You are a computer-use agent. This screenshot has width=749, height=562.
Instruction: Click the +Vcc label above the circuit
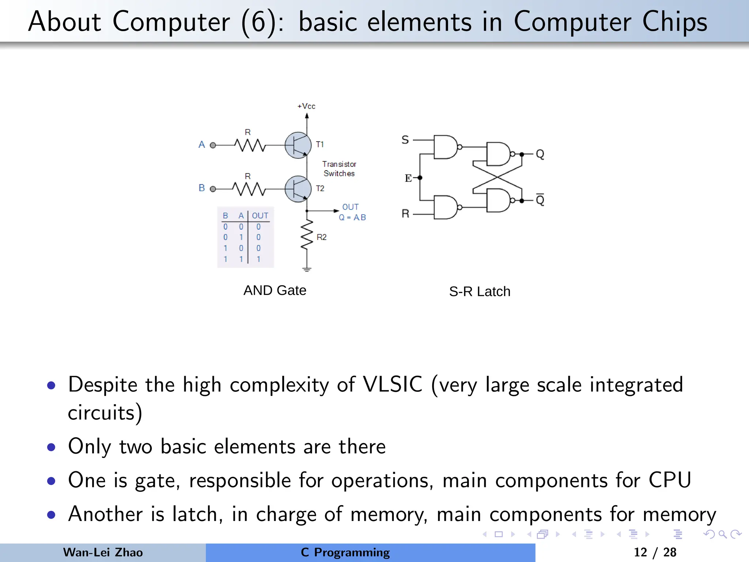tap(306, 106)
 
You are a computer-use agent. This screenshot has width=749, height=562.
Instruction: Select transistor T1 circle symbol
tap(298, 145)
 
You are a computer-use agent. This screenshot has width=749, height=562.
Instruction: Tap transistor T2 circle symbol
tap(298, 189)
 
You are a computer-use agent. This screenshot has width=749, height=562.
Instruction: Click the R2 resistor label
tap(321, 237)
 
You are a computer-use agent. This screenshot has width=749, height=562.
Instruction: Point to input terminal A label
tap(202, 145)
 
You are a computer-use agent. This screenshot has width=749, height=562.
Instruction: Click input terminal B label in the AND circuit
tap(202, 188)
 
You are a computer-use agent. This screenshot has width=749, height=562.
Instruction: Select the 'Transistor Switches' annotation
tap(339, 169)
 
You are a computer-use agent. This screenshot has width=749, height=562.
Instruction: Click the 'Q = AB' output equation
tap(352, 217)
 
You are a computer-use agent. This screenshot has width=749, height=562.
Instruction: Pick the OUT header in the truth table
tap(260, 216)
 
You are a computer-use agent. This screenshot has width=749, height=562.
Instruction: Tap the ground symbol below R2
tap(307, 270)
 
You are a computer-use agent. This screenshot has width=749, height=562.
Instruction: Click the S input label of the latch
tap(405, 140)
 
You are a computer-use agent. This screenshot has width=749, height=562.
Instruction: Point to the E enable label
tap(408, 178)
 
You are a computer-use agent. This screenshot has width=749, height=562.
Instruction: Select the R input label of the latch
tap(405, 213)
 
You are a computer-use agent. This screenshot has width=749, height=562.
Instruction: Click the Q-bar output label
tap(540, 200)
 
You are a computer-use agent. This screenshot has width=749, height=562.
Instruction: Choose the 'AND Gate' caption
tap(275, 290)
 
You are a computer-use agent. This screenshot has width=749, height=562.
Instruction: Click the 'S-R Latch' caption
tap(479, 292)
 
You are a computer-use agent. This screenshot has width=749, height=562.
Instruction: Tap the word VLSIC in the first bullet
tap(392, 385)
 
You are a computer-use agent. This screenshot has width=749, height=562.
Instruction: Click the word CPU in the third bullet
tap(670, 480)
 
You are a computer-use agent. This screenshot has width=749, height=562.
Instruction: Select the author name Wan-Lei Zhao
tap(103, 552)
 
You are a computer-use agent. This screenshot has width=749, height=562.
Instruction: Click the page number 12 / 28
tap(655, 552)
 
